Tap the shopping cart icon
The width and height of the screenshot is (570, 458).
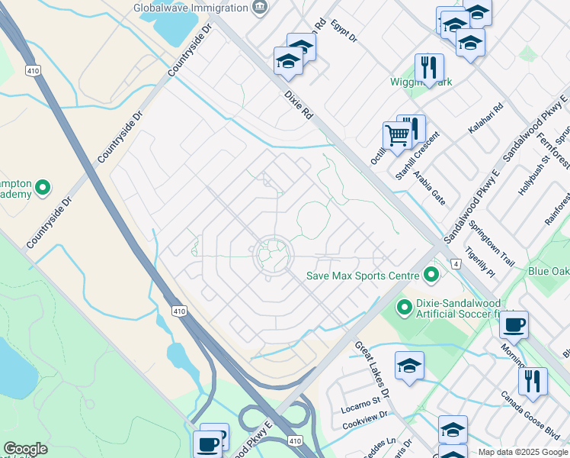tap(397, 137)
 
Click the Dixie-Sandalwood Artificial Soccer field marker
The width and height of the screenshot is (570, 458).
tap(404, 307)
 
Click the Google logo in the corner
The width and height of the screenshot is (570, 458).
tap(25, 449)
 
